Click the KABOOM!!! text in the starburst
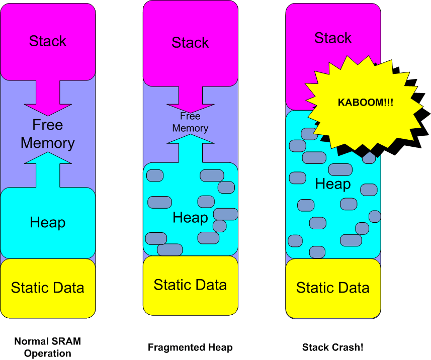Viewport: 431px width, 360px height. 365,102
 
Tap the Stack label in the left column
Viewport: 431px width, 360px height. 48,41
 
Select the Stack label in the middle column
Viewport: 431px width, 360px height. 190,43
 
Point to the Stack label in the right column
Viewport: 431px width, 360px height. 332,38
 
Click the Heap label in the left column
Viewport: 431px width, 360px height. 48,222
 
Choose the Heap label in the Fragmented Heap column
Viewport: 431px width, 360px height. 190,218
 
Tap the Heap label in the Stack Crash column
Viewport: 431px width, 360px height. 332,184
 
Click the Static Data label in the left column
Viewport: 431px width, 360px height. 48,288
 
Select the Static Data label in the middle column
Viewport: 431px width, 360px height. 190,285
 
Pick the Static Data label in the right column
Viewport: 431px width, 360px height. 332,288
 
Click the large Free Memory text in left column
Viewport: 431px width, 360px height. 48,134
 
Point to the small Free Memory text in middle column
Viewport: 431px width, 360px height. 190,122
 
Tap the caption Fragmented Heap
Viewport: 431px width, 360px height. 190,347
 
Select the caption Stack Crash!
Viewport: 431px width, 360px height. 332,347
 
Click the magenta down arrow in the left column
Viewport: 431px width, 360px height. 48,98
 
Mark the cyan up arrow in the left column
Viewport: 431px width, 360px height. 48,171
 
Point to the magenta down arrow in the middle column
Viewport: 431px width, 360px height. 190,101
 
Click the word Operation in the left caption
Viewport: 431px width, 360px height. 48,353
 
